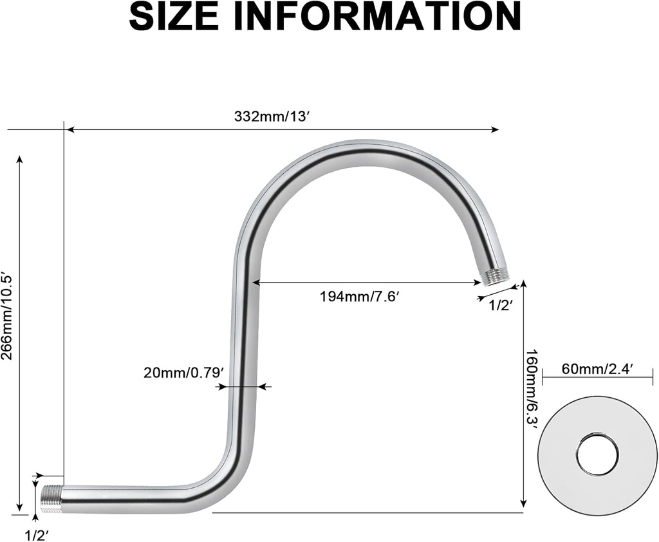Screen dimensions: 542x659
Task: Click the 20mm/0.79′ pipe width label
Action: (183, 373)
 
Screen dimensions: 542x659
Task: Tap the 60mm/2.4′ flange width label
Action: (598, 369)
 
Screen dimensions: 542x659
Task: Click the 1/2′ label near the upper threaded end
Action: (500, 306)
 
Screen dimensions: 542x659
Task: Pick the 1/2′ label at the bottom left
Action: (37, 534)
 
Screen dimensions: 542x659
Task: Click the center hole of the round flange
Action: (597, 454)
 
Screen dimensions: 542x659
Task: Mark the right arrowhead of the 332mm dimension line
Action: (495, 129)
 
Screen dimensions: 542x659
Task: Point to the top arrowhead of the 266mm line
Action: (20, 159)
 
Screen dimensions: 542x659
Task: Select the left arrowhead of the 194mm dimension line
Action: (255, 282)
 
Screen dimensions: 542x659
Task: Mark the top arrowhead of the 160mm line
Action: (524, 284)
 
